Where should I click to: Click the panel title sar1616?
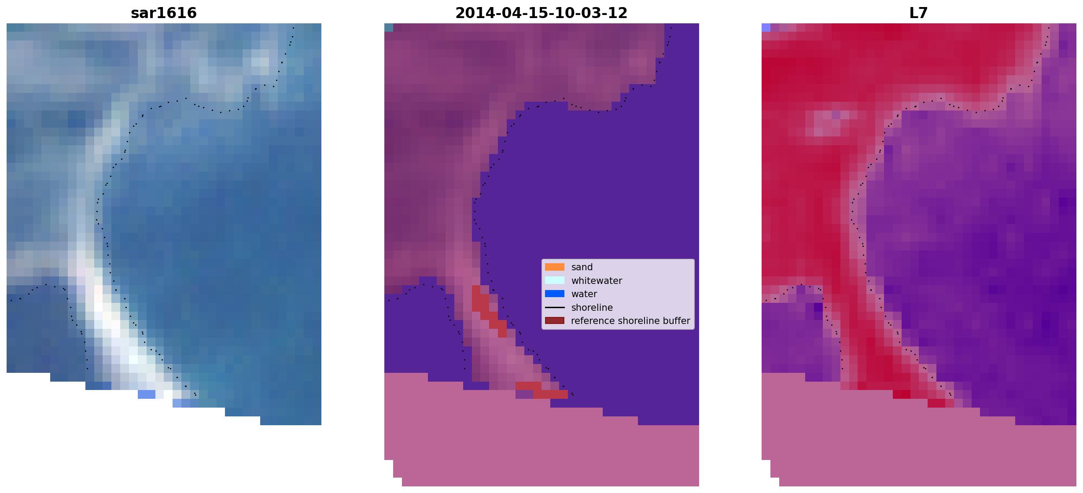pyautogui.click(x=164, y=13)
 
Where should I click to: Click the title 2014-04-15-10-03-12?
pyautogui.click(x=541, y=13)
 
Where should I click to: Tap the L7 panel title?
pyautogui.click(x=918, y=13)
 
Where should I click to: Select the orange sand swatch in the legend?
pyautogui.click(x=555, y=267)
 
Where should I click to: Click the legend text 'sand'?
pyautogui.click(x=582, y=267)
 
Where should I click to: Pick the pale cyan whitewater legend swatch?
pyautogui.click(x=555, y=280)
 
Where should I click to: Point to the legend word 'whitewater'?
pyautogui.click(x=597, y=281)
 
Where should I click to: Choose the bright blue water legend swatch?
pyautogui.click(x=555, y=294)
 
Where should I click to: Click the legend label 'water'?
pyautogui.click(x=584, y=294)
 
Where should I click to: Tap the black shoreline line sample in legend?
pyautogui.click(x=555, y=307)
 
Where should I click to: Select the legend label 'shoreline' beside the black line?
pyautogui.click(x=592, y=308)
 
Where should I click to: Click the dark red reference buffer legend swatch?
pyautogui.click(x=555, y=321)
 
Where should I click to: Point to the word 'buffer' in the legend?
pyautogui.click(x=675, y=321)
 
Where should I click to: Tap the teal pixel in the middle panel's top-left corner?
pyautogui.click(x=389, y=28)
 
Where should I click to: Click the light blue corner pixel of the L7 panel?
pyautogui.click(x=766, y=28)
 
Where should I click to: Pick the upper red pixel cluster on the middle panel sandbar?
pyautogui.click(x=489, y=310)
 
